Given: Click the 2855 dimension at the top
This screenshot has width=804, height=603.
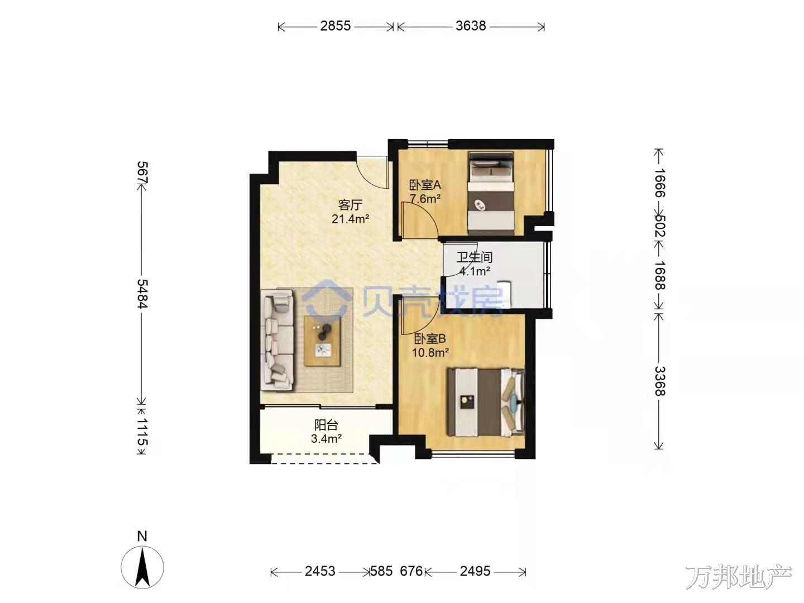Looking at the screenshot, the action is [335, 26].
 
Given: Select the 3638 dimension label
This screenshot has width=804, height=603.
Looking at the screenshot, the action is [471, 26].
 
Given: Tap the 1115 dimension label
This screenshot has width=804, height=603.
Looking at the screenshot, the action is [142, 432].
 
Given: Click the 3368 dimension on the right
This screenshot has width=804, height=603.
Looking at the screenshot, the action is [660, 381].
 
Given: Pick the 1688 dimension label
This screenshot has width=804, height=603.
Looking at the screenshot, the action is [660, 275].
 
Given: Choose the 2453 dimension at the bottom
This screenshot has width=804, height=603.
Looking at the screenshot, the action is [320, 571].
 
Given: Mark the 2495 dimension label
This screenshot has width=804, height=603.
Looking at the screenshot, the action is [475, 571].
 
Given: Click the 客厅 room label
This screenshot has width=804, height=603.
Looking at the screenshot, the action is [350, 205].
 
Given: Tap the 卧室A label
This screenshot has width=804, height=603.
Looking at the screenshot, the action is [425, 185].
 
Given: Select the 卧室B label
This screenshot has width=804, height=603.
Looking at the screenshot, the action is [430, 339].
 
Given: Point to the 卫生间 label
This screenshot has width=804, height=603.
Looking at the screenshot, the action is [475, 257].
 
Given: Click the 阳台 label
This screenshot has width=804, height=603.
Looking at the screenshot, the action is [326, 425].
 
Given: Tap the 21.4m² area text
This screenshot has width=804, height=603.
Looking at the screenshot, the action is [350, 219].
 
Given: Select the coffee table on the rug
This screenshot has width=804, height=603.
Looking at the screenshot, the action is [322, 341].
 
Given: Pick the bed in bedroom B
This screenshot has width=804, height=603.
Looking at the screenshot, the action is [486, 403].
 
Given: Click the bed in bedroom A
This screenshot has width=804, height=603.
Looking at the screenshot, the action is [490, 193].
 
